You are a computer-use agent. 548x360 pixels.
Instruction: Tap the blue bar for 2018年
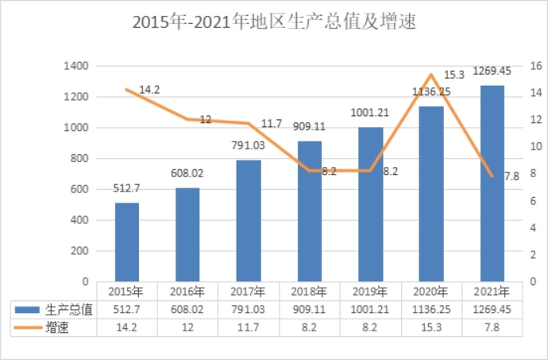[x=310, y=211]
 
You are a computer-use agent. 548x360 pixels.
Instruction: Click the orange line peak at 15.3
[x=430, y=75]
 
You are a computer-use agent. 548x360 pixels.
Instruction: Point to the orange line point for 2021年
[x=492, y=176]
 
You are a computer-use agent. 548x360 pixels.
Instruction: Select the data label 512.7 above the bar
[x=127, y=188]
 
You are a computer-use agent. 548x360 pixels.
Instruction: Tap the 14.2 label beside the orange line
[x=149, y=90]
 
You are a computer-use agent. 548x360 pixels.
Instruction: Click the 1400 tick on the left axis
[x=75, y=66]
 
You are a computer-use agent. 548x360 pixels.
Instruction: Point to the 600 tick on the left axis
[x=79, y=189]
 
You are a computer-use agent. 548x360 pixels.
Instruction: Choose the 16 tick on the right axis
[x=534, y=66]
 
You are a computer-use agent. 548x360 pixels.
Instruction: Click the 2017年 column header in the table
[x=249, y=291]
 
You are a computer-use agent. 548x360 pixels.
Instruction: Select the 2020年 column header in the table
[x=431, y=291]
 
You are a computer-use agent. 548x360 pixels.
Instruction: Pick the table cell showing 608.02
[x=187, y=310]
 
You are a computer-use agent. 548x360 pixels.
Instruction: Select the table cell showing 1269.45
[x=492, y=310]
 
